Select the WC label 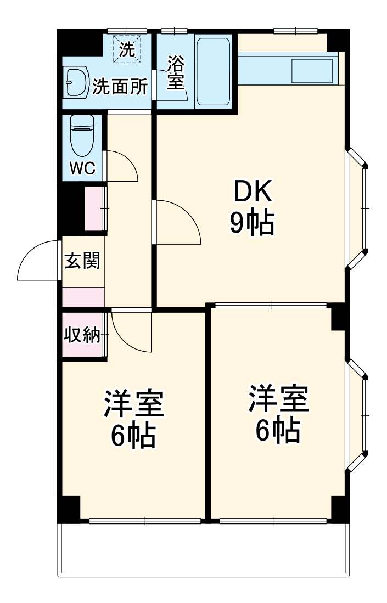point(82,168)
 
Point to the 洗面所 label point(119,87)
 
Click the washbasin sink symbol point(75,83)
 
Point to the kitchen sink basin point(312,72)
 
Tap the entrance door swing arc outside point(36,261)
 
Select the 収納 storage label point(83,335)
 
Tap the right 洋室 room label point(278,399)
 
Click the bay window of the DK point(360,208)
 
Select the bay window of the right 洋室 point(360,415)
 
